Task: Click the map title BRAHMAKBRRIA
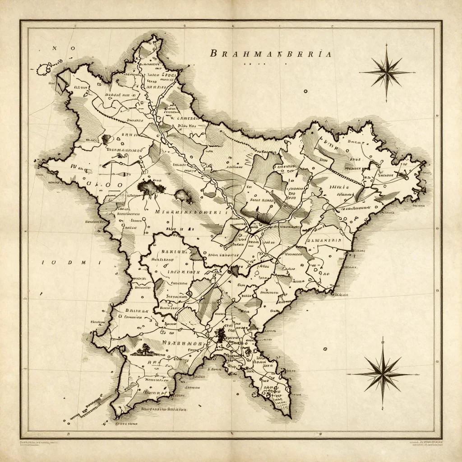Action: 272,54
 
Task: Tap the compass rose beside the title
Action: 387,72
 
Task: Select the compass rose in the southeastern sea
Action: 383,374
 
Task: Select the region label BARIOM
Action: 171,252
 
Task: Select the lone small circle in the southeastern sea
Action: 325,349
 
